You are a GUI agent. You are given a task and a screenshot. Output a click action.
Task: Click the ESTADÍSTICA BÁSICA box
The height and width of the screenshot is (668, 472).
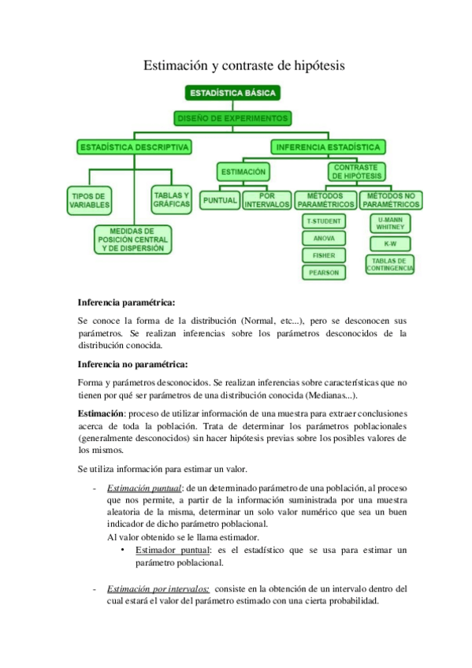coord(232,93)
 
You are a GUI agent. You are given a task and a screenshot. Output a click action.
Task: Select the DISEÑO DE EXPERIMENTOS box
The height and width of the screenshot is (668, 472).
coord(232,119)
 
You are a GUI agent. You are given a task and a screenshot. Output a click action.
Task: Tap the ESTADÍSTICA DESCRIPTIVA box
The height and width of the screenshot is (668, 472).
coord(133,147)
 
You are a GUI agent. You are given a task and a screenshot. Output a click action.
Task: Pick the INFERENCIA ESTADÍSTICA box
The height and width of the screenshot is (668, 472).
coord(328,147)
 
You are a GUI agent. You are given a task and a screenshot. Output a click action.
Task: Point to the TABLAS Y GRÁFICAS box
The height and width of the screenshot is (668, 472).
coord(172,199)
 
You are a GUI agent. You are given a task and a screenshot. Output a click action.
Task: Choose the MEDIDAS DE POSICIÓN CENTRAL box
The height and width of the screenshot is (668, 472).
coord(132,239)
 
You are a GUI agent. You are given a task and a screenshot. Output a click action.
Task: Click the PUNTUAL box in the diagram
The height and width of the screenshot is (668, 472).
coord(220,200)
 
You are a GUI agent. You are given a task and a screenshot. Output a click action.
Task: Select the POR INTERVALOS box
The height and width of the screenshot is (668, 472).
coord(266,199)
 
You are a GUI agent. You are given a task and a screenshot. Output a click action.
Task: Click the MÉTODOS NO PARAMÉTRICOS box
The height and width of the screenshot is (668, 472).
coord(390,199)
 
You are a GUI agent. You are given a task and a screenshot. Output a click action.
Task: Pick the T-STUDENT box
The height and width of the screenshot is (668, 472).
coord(323,221)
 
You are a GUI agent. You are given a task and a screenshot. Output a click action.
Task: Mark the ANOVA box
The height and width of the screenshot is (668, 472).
coord(323,238)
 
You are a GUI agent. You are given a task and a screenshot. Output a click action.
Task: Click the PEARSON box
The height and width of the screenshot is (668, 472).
coord(323,272)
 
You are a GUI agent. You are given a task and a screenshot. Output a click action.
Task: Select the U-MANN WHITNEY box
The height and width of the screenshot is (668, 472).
coord(390,222)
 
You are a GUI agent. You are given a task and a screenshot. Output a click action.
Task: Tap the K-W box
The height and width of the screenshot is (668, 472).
coord(390,243)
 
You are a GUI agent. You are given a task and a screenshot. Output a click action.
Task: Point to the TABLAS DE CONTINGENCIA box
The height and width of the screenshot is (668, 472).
coord(390,265)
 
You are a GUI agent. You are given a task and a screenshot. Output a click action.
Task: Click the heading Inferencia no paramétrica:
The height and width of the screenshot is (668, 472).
coord(132,364)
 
